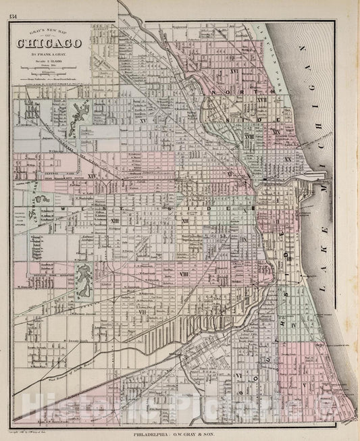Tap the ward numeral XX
[288, 159]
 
